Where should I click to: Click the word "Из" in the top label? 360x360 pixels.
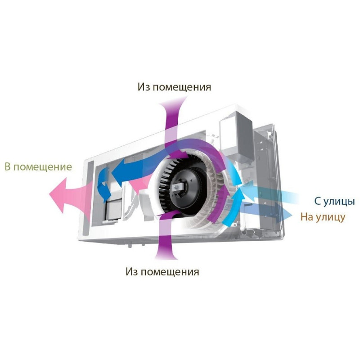click(x=144, y=87)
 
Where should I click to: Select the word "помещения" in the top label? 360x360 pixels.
click(x=182, y=88)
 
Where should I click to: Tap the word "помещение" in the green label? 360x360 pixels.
click(x=43, y=167)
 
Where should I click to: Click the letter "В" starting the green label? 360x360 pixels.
click(x=8, y=166)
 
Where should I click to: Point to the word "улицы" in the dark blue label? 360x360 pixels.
click(x=339, y=202)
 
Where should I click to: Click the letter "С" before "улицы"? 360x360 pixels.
click(x=318, y=201)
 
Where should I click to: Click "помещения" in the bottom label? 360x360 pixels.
click(x=170, y=273)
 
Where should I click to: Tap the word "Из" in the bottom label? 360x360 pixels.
click(x=131, y=272)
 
